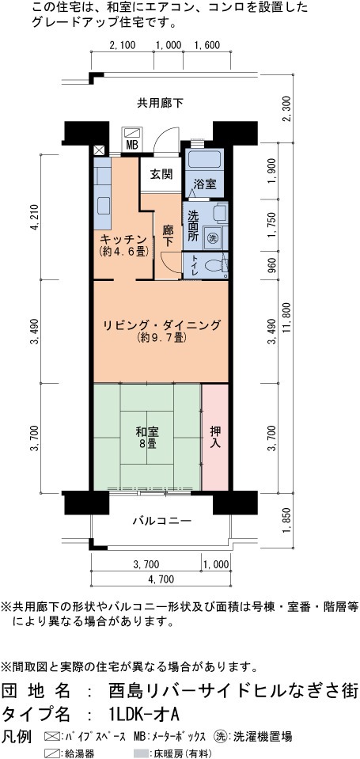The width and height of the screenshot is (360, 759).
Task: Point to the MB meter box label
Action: tap(131, 144)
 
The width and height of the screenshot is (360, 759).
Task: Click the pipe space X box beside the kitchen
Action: tap(99, 150)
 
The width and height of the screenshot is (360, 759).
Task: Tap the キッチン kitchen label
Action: tap(123, 239)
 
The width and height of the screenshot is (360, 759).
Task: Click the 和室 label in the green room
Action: tap(148, 432)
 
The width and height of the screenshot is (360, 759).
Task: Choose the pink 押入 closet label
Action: tap(215, 436)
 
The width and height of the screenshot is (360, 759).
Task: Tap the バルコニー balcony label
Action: tap(162, 522)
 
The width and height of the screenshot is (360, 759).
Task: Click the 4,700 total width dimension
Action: tap(160, 579)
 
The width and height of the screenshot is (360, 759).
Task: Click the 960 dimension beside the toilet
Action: tap(274, 266)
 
